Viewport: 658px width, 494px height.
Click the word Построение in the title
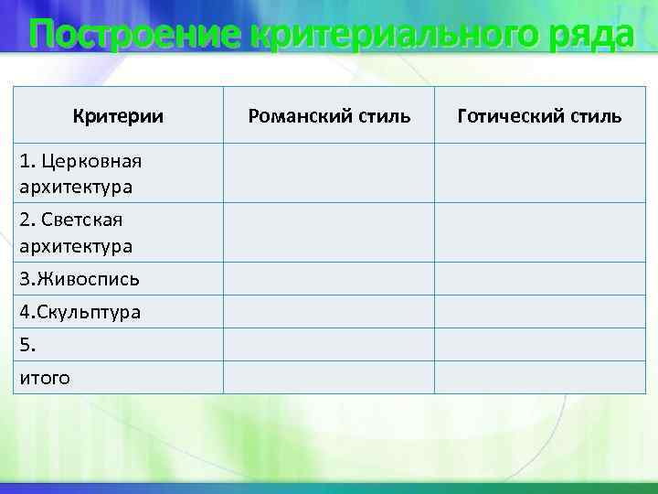135,37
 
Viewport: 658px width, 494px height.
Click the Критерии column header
118,116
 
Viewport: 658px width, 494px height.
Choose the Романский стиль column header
329,116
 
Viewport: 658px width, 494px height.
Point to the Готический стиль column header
539,116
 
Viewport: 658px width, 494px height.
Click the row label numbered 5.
27,345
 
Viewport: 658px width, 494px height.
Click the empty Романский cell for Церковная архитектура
329,174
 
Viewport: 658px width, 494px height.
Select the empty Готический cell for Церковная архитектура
539,174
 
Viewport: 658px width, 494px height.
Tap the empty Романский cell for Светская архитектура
329,233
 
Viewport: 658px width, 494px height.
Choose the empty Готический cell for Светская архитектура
539,233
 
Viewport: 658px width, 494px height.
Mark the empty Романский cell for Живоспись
329,279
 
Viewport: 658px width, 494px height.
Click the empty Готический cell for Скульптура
539,312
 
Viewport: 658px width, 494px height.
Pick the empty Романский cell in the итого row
329,377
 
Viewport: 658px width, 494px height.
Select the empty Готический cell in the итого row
539,377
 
